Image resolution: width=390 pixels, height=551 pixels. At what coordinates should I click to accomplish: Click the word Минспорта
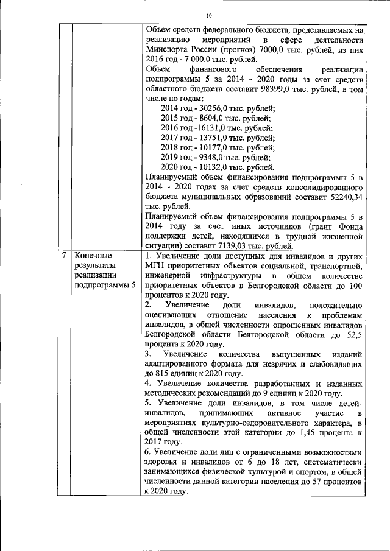coord(168,51)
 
